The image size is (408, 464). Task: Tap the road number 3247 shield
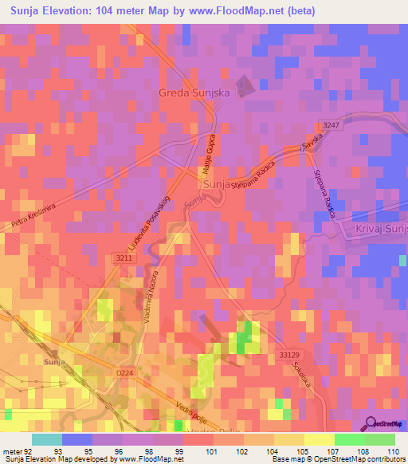(x=332, y=125)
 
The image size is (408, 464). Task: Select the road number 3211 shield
(x=122, y=258)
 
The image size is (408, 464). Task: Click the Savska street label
(x=310, y=144)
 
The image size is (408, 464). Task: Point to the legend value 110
(x=392, y=451)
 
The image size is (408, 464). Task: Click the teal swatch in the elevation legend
(x=47, y=439)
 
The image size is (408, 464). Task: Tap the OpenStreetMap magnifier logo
(x=372, y=423)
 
